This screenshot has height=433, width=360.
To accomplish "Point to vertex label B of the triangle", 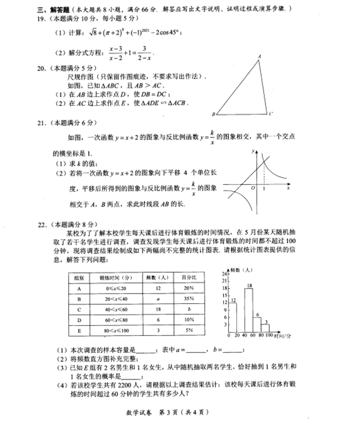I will tap(214, 115).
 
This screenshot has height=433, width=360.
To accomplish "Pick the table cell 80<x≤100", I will tap(114, 330).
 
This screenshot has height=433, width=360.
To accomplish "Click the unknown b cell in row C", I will tap(188, 309).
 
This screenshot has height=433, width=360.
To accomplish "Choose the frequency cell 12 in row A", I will tap(155, 288).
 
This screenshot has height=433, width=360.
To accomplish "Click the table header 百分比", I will tap(188, 277).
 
